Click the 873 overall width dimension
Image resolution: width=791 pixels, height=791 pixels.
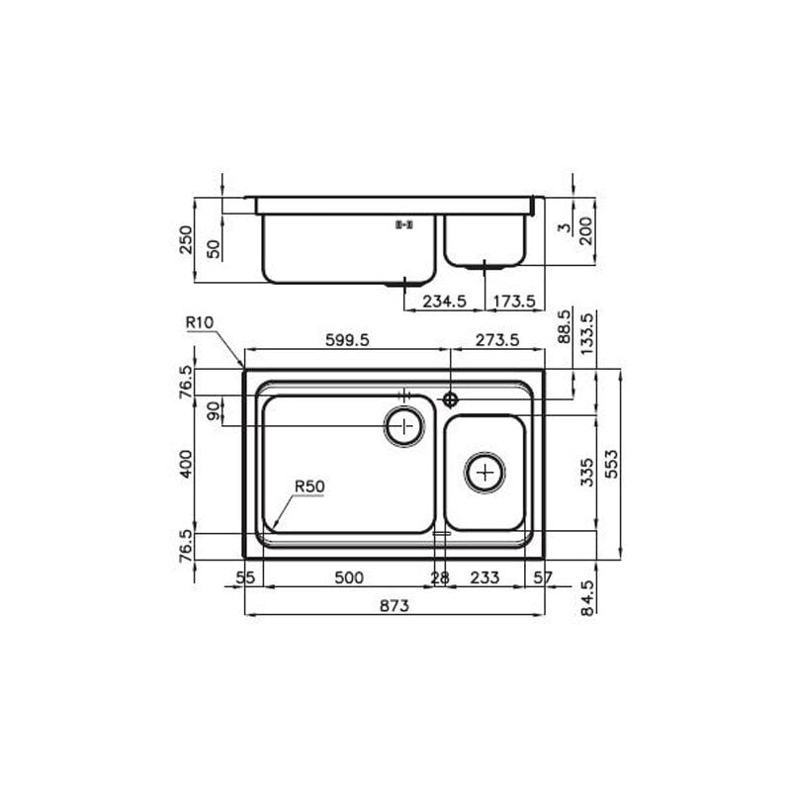(394, 605)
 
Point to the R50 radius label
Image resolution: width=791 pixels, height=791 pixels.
(309, 486)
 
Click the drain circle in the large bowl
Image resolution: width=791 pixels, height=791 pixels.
(403, 427)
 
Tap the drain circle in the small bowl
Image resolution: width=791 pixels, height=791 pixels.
(484, 473)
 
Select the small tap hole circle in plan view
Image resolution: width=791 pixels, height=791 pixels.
(450, 399)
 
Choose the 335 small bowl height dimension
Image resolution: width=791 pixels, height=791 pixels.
(587, 472)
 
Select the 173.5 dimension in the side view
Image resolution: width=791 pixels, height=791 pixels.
(514, 301)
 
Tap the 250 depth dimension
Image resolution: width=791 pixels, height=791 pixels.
(186, 240)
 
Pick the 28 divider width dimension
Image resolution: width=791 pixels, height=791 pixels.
(440, 577)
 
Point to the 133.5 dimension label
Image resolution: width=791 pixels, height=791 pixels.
(587, 334)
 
